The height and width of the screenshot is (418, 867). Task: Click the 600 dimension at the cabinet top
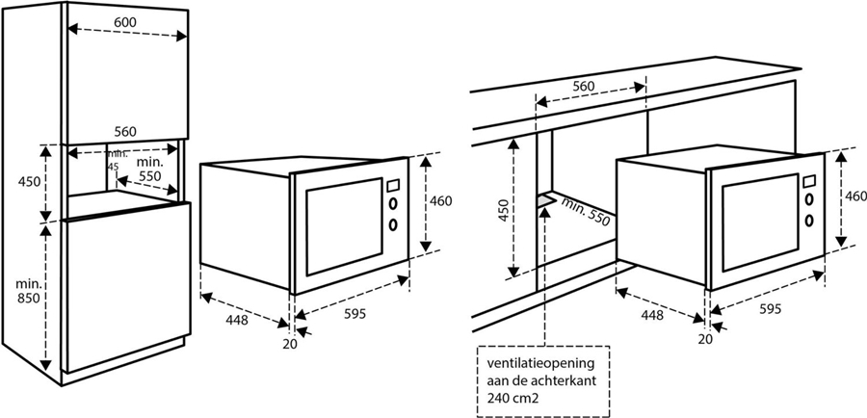point(125,22)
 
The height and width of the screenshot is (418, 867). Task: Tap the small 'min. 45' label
point(118,159)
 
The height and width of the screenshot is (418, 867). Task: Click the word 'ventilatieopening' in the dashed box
point(540,364)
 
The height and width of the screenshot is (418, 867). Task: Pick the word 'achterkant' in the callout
point(569,381)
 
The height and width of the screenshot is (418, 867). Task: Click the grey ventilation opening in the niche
point(547,199)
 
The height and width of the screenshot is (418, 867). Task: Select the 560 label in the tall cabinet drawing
point(125,132)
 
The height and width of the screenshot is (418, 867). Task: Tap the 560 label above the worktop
point(584,87)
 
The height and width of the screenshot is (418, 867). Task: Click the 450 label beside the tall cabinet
point(29,181)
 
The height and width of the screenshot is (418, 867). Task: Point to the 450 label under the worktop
point(503,210)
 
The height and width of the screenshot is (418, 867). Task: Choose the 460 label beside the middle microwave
point(440,201)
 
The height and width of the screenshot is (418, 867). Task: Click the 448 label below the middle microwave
point(237,320)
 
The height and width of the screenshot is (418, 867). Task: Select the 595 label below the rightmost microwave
point(771,309)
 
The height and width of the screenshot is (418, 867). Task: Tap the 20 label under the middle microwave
point(290,344)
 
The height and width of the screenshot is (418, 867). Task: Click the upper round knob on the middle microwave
point(394,203)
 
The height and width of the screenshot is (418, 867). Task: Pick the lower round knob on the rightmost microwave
point(809,220)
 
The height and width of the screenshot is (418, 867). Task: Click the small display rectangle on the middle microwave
point(393,185)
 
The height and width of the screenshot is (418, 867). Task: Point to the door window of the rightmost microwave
point(760,222)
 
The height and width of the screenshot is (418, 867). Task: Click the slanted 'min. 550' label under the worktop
point(585,210)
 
